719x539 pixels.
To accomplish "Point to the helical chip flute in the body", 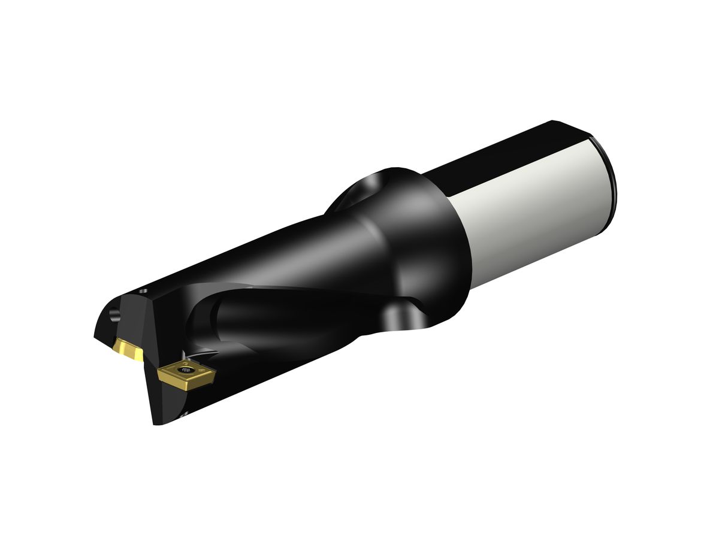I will [x=282, y=311].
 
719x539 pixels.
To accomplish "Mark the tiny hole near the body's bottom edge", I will [x=184, y=413].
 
